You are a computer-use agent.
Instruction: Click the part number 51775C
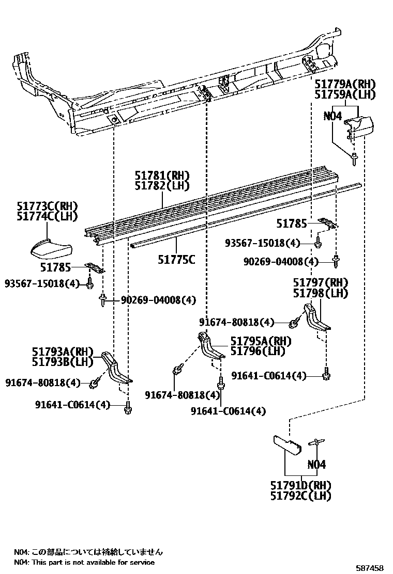click(177, 260)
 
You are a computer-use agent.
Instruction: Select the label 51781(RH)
click(162, 176)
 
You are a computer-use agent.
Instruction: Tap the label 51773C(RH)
click(47, 206)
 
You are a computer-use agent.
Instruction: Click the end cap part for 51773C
click(50, 247)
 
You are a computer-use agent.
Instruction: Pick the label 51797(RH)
click(321, 282)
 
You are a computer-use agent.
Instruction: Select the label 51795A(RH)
click(261, 341)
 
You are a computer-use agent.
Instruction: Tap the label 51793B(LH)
click(63, 362)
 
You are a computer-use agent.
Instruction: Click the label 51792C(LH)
click(300, 496)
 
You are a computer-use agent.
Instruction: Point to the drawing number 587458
click(370, 568)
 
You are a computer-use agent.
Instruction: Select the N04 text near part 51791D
click(316, 465)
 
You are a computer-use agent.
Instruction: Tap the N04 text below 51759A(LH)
click(332, 117)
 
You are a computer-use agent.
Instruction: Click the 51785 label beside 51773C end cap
click(55, 267)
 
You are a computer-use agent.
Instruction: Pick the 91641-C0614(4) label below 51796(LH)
click(228, 411)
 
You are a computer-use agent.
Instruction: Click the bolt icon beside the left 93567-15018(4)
click(89, 283)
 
